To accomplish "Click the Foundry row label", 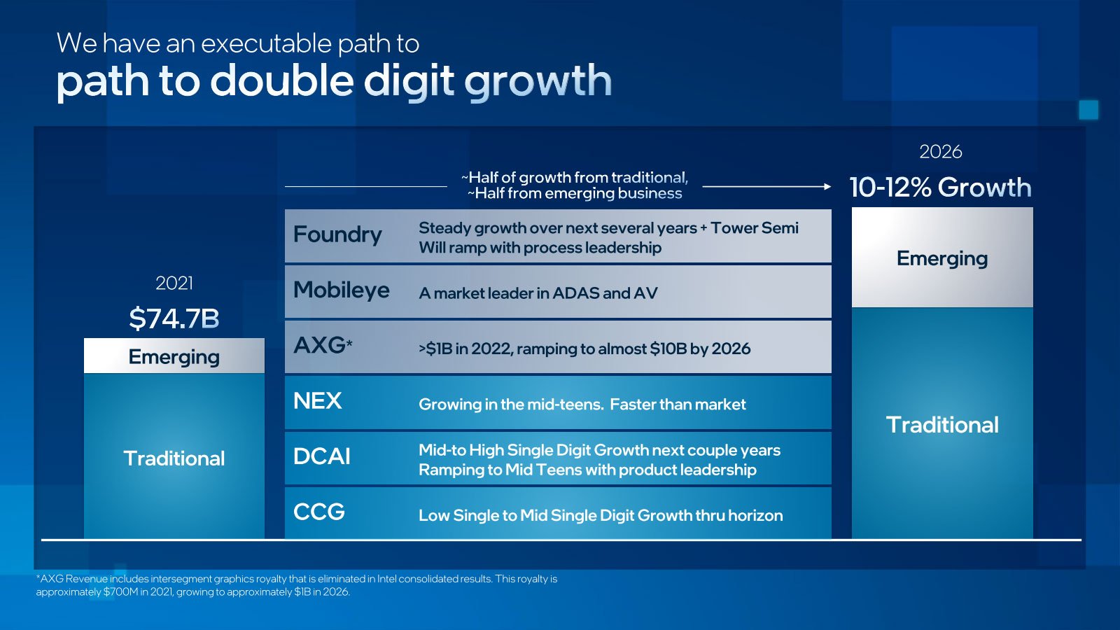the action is coord(337,235).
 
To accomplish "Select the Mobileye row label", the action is coord(341,290).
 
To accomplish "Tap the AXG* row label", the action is coord(323,346).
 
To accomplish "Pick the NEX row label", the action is coord(318,401).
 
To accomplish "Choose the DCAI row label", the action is coord(321,456).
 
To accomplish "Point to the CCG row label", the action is coord(319,512).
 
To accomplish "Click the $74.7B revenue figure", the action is coord(174,318).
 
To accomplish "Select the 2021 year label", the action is coord(174,283).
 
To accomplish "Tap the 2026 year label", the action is coord(941,152).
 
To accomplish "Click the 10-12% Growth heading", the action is coord(941,188).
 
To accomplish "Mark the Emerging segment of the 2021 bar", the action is coord(174,356).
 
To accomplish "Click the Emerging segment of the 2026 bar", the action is coord(942,258).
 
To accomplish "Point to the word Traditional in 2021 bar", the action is coord(174,458).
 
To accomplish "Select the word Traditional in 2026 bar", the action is coord(942,425).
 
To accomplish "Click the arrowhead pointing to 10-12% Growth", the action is coord(827,186).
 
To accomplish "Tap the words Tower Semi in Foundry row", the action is coord(755,228).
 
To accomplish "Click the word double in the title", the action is coord(282,80).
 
